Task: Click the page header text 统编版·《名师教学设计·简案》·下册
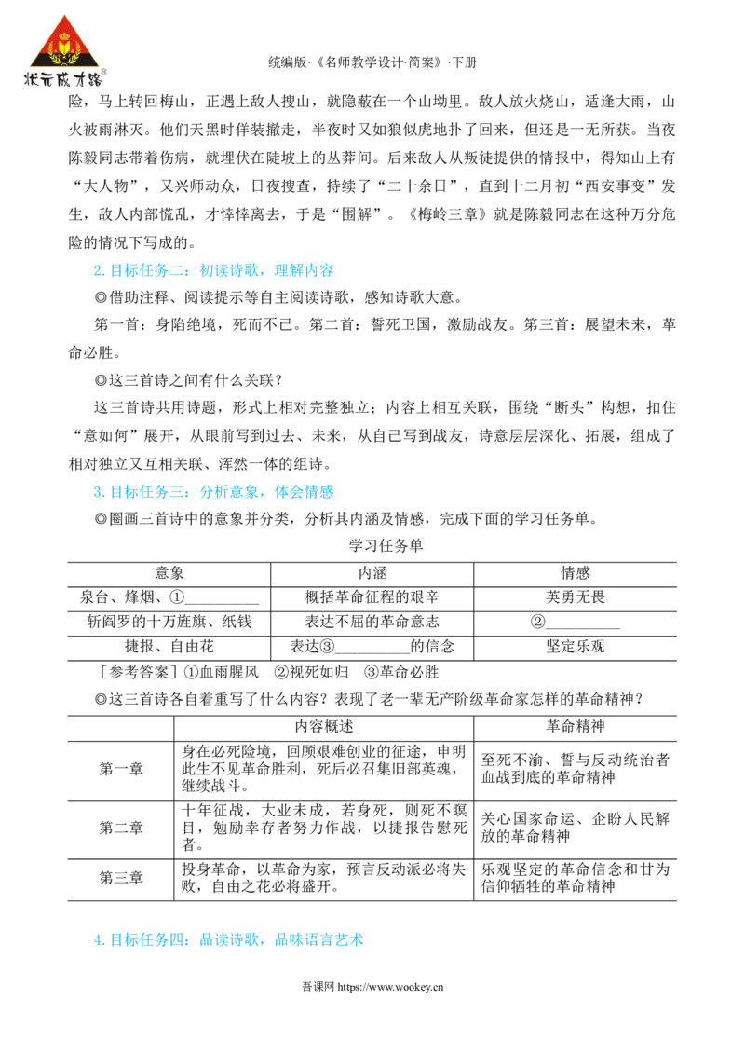tap(372, 62)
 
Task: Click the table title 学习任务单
tap(386, 545)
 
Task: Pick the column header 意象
tap(169, 573)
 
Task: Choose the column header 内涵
tap(372, 573)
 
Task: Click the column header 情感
tap(576, 573)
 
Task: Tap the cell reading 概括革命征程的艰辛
tap(372, 597)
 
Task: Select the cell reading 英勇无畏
tap(576, 597)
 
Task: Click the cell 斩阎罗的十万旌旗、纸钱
tap(169, 622)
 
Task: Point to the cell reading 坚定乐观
tap(576, 647)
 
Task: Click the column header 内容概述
tap(324, 727)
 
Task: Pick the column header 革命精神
tap(576, 727)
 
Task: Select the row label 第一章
tap(121, 769)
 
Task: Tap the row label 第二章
tap(121, 829)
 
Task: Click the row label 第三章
tap(121, 878)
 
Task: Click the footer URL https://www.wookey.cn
tap(390, 988)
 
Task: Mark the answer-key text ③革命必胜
tap(401, 672)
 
